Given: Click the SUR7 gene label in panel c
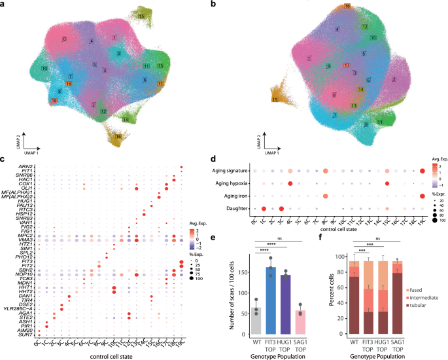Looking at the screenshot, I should coord(21,334).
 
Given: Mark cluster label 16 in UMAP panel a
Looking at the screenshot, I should coord(118,136).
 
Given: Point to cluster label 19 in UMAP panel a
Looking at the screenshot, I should coord(54,101).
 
